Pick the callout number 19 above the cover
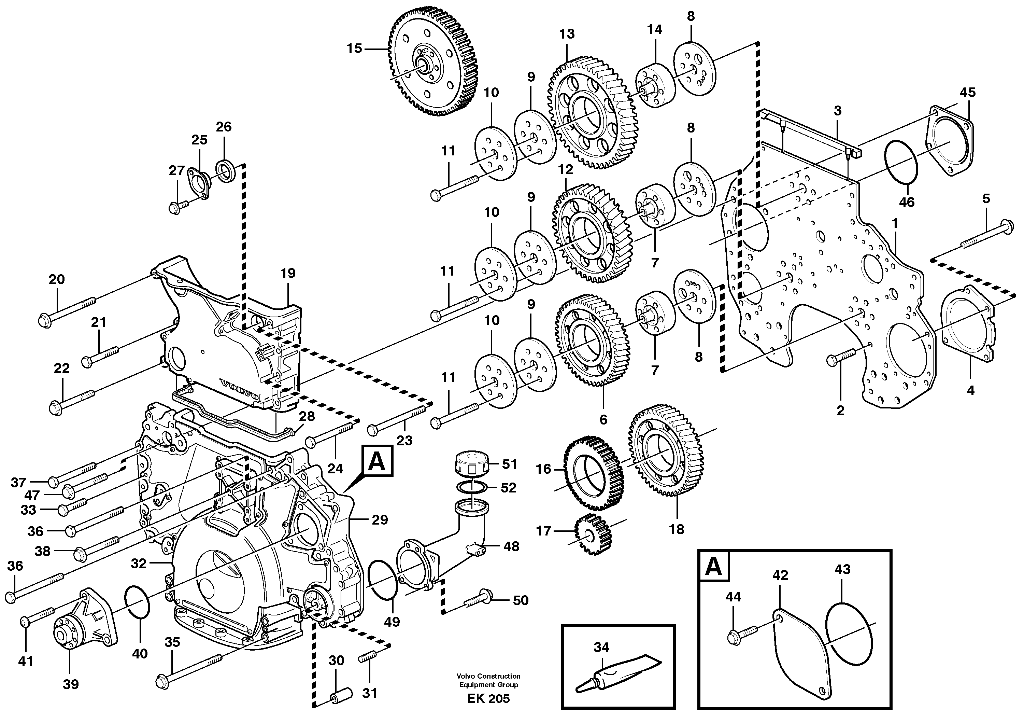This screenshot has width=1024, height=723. [288, 273]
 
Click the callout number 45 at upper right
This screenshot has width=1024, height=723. [967, 93]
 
